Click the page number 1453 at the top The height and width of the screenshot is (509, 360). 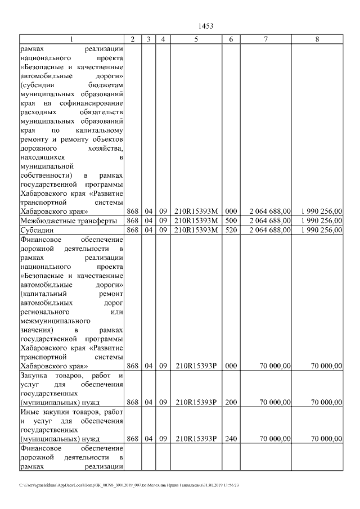206,26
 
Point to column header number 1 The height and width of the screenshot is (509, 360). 71,39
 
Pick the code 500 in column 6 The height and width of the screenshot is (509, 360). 231,220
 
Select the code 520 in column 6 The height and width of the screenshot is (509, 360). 231,229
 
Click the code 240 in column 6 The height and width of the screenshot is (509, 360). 231,438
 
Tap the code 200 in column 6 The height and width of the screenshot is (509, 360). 231,402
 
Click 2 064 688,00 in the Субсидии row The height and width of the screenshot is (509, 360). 271,229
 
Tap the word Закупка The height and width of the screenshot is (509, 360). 34,375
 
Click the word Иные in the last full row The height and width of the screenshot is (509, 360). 29,412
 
